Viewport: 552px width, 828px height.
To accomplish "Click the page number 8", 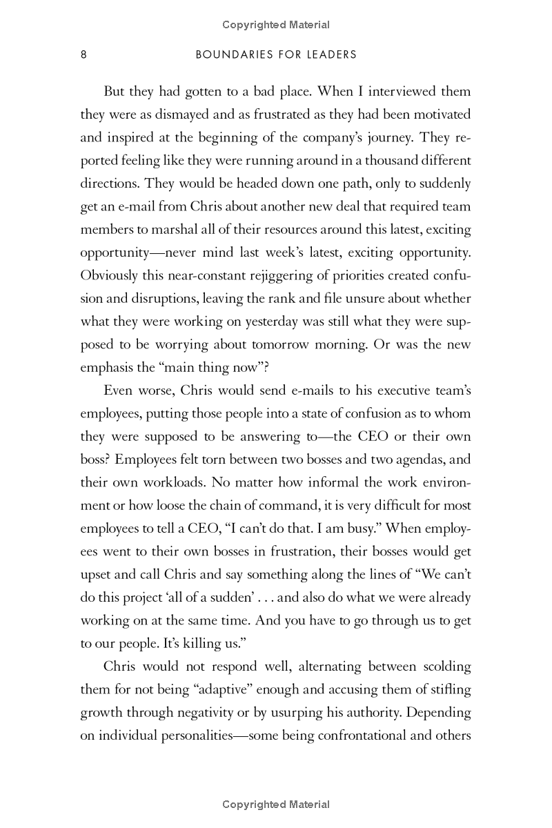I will [83, 55].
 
